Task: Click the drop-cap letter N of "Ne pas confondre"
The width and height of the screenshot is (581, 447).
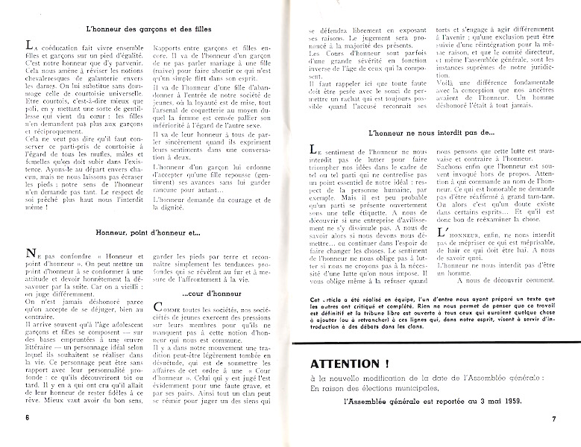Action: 29,255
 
